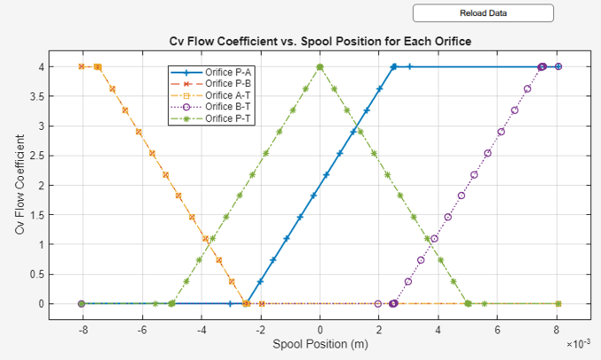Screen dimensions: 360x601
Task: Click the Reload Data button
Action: point(483,12)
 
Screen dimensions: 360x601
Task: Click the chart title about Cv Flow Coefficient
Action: point(320,42)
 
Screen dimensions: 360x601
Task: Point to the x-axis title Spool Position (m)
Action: point(320,343)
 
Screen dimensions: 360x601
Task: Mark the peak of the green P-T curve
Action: point(320,66)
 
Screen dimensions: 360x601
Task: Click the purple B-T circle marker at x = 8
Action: point(559,66)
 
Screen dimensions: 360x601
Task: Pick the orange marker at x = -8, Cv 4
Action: point(81,66)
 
